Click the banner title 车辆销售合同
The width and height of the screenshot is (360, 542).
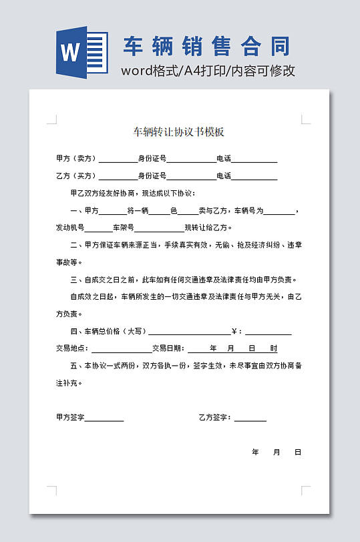click(x=207, y=47)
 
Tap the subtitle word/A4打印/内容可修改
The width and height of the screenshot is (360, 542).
click(x=208, y=71)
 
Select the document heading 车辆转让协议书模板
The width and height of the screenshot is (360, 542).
click(x=178, y=131)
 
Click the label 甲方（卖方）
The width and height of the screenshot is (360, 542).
click(x=77, y=159)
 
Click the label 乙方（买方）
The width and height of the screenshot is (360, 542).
click(x=77, y=176)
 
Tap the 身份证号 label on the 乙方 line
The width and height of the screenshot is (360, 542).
click(x=152, y=176)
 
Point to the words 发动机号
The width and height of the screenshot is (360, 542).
click(x=70, y=228)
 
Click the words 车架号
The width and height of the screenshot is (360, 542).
click(x=124, y=228)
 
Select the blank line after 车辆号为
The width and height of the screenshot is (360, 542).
click(x=279, y=211)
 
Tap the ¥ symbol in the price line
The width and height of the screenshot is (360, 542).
click(x=234, y=331)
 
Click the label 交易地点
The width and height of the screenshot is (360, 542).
click(x=72, y=348)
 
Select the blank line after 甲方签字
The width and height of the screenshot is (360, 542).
click(x=104, y=418)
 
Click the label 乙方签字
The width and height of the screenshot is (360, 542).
click(x=214, y=418)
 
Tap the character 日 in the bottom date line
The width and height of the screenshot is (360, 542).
click(x=298, y=453)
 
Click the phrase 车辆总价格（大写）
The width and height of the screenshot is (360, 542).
click(x=114, y=331)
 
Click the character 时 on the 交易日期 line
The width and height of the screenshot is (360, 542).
click(x=274, y=348)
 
